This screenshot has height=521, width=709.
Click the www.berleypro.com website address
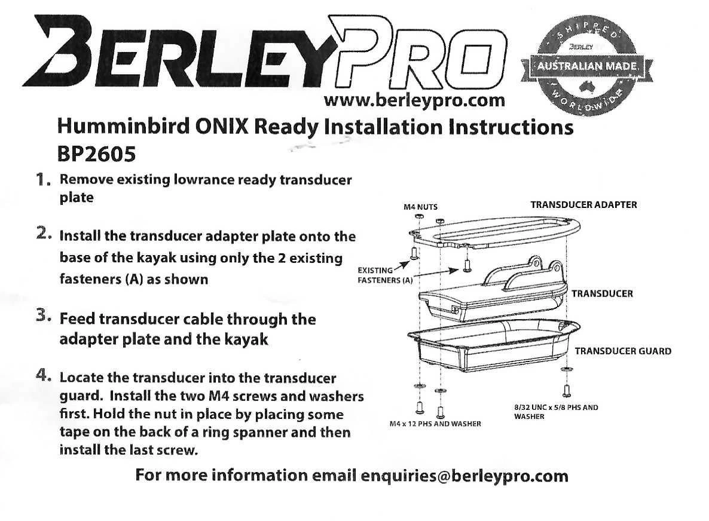(x=414, y=100)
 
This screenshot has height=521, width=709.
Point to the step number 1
(x=42, y=180)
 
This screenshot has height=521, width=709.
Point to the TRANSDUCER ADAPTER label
(x=583, y=205)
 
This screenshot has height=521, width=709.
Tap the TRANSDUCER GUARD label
(x=622, y=351)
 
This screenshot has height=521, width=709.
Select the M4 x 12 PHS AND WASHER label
(x=431, y=424)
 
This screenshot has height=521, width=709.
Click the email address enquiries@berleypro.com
(x=464, y=476)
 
